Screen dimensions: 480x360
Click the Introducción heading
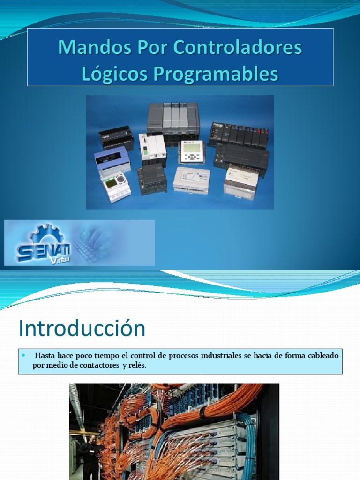click(x=82, y=329)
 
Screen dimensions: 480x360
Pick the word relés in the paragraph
click(x=137, y=366)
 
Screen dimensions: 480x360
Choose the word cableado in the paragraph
click(x=322, y=356)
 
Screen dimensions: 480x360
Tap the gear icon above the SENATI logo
click(x=46, y=233)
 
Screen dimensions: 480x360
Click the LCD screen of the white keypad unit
click(x=193, y=147)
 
